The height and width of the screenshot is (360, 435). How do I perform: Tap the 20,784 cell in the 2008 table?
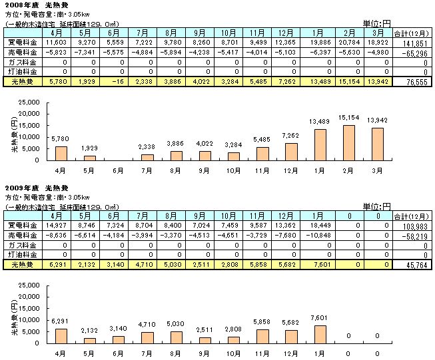[x=352, y=41]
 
